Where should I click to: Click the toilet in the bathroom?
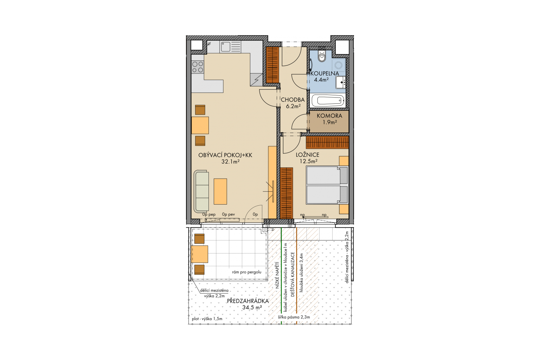(x=322, y=56)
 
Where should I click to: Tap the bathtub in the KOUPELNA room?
(x=328, y=101)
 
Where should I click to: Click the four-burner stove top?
(x=198, y=67)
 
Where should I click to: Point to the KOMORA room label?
(x=329, y=116)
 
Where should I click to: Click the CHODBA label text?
(x=292, y=99)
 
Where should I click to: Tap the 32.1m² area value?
(x=230, y=162)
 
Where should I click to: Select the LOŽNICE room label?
(x=308, y=155)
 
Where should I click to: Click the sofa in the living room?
(x=201, y=191)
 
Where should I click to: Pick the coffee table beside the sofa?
(x=220, y=192)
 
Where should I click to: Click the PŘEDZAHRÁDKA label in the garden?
(x=248, y=301)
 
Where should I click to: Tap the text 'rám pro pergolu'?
(x=246, y=272)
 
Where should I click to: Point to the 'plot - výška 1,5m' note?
(x=207, y=319)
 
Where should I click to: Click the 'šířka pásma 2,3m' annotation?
(x=294, y=317)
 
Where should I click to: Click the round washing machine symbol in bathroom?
(x=339, y=65)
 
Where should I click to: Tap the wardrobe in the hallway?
(x=272, y=65)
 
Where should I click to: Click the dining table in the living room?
(x=200, y=126)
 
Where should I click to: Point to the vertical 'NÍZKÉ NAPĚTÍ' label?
(x=277, y=275)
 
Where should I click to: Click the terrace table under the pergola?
(x=199, y=254)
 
